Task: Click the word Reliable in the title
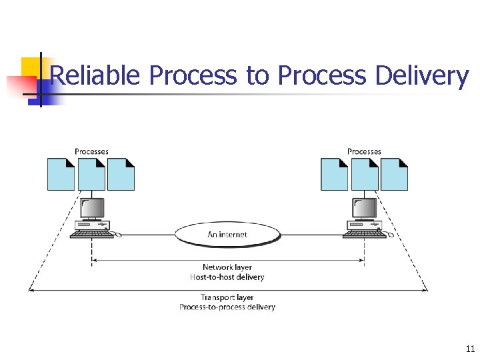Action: pyautogui.click(x=95, y=76)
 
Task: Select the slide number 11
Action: pyautogui.click(x=470, y=349)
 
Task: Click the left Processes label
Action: pyautogui.click(x=91, y=151)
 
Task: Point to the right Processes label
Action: pyautogui.click(x=364, y=151)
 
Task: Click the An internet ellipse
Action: pyautogui.click(x=227, y=234)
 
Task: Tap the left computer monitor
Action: pyautogui.click(x=91, y=209)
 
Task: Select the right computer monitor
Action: pyautogui.click(x=364, y=209)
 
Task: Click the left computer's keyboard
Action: pyautogui.click(x=91, y=235)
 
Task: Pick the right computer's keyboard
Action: pyautogui.click(x=363, y=235)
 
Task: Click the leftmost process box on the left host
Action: pyautogui.click(x=61, y=174)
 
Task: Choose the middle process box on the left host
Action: pyautogui.click(x=91, y=174)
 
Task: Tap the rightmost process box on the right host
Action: pyautogui.click(x=394, y=174)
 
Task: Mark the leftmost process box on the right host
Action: pyautogui.click(x=334, y=174)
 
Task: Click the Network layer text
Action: pyautogui.click(x=227, y=267)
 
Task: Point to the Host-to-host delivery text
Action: pyautogui.click(x=227, y=277)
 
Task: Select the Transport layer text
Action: pyautogui.click(x=227, y=297)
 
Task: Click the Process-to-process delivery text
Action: pyautogui.click(x=227, y=307)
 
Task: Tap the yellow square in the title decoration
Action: pyautogui.click(x=31, y=67)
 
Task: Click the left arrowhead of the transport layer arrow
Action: pyautogui.click(x=31, y=289)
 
